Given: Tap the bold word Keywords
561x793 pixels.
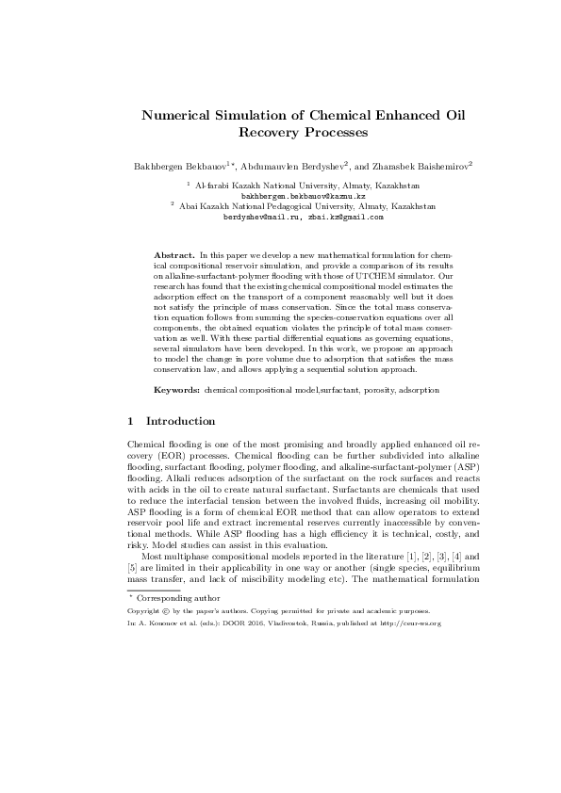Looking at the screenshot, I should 176,389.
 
